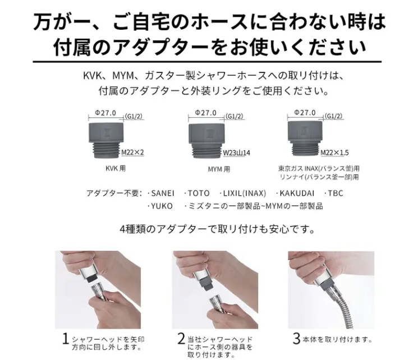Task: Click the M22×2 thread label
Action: click(x=133, y=152)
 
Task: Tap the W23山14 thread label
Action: click(x=237, y=152)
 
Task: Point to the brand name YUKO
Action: click(x=162, y=206)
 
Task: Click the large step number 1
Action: click(x=66, y=339)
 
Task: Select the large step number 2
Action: click(x=181, y=339)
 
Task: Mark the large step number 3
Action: click(x=297, y=339)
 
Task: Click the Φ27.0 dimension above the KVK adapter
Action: click(x=105, y=113)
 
